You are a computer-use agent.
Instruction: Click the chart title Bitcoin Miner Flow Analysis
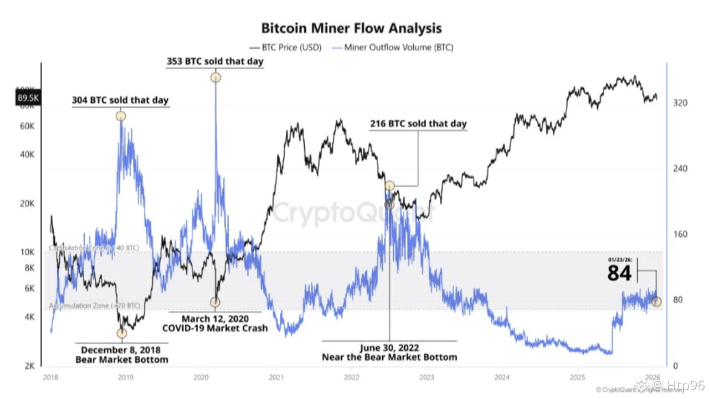(x=351, y=28)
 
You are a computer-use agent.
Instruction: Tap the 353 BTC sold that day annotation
(x=215, y=61)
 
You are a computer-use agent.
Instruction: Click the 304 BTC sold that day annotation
(x=120, y=100)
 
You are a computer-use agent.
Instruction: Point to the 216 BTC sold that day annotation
(x=418, y=124)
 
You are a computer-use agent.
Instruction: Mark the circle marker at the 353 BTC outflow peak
(x=215, y=78)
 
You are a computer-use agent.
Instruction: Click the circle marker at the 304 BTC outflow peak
(x=121, y=116)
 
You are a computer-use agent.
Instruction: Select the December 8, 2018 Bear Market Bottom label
(x=121, y=355)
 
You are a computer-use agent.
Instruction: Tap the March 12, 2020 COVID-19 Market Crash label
(x=214, y=323)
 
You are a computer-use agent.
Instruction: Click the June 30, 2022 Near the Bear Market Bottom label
(x=389, y=352)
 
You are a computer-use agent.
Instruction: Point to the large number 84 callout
(x=619, y=273)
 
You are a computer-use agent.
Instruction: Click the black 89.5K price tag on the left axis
(x=27, y=98)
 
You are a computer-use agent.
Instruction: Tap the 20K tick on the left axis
(x=27, y=203)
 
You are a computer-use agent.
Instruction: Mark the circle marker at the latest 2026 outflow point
(x=656, y=301)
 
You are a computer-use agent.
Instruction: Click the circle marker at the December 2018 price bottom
(x=122, y=333)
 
